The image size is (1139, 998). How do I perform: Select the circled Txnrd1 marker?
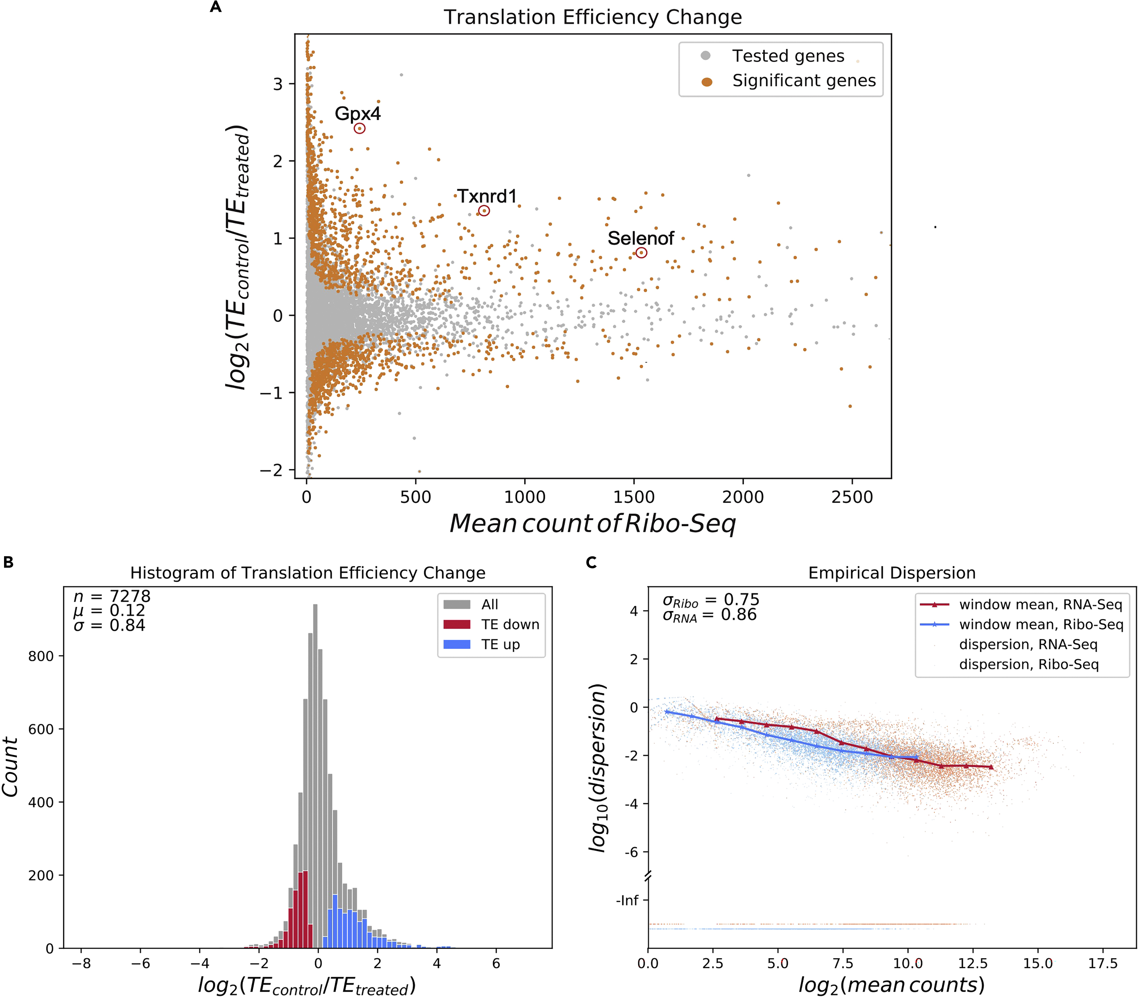coord(484,210)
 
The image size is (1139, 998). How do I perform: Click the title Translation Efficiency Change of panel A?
coord(593,17)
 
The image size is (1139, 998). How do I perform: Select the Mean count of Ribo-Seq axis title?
coord(593,524)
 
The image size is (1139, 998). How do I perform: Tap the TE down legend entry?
coord(510,624)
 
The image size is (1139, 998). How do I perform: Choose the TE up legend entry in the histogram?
coord(500,644)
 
